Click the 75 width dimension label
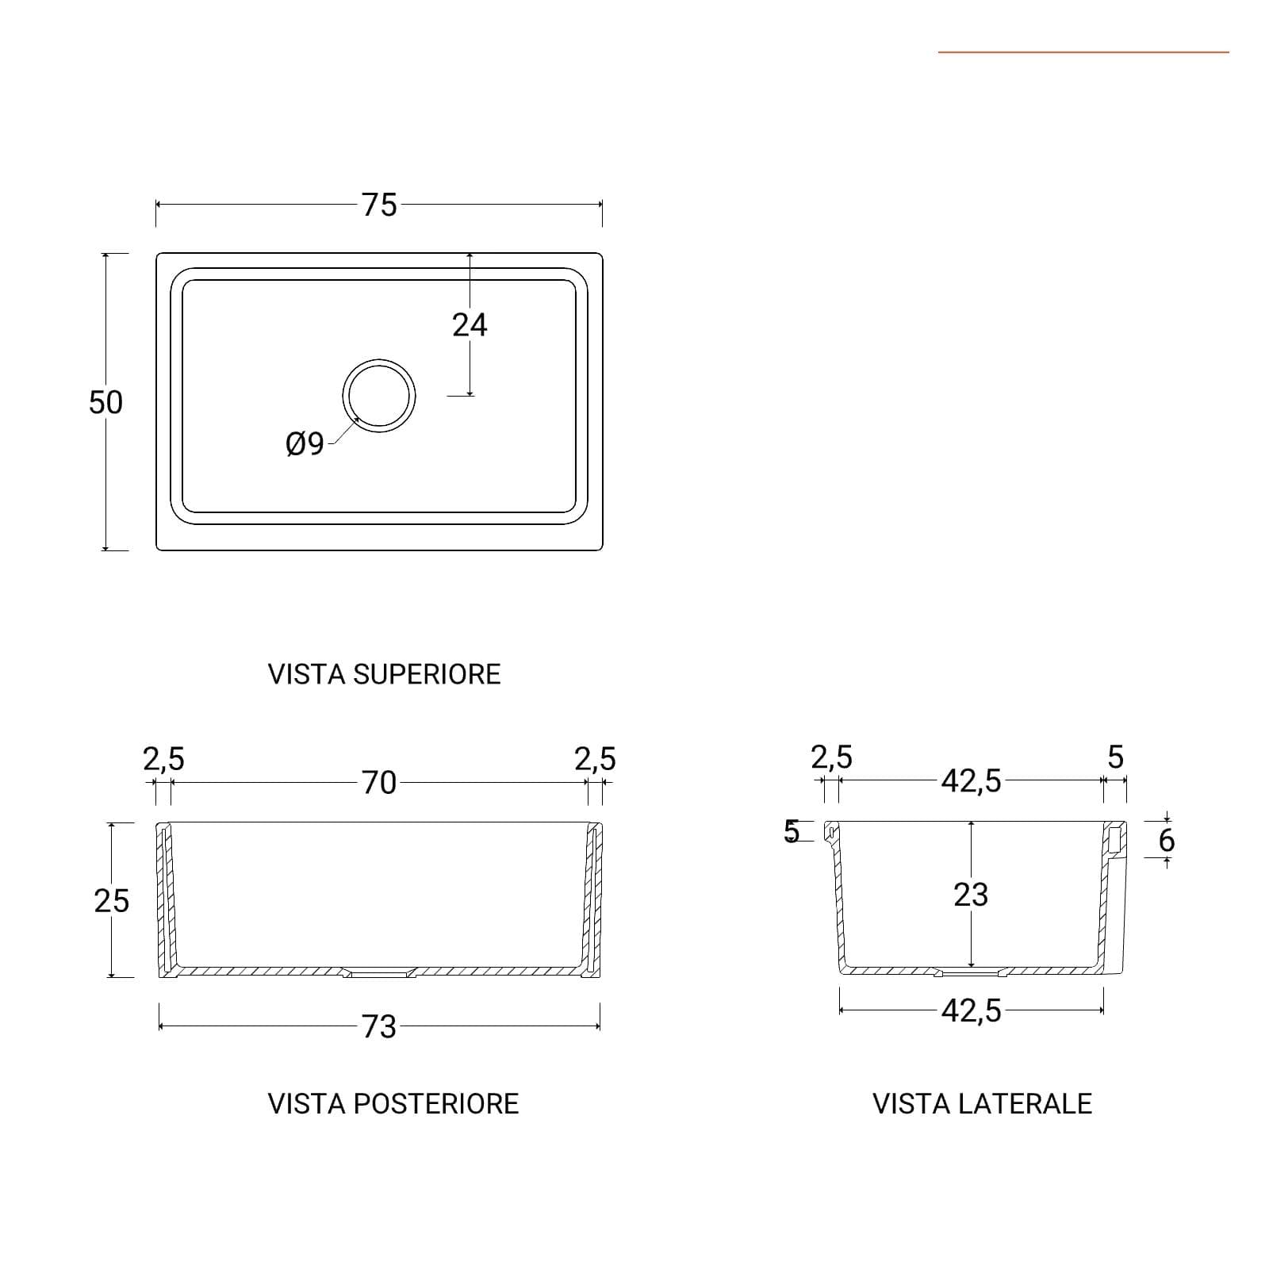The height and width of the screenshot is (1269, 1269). (x=379, y=205)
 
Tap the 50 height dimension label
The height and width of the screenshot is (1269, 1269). (x=105, y=402)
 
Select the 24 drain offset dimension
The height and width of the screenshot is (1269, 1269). (x=470, y=324)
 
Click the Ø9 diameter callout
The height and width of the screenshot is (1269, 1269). (x=305, y=443)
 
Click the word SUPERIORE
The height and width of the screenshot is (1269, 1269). (x=427, y=674)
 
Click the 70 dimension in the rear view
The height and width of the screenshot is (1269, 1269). (x=379, y=783)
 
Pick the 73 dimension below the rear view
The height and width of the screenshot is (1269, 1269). (x=379, y=1026)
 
